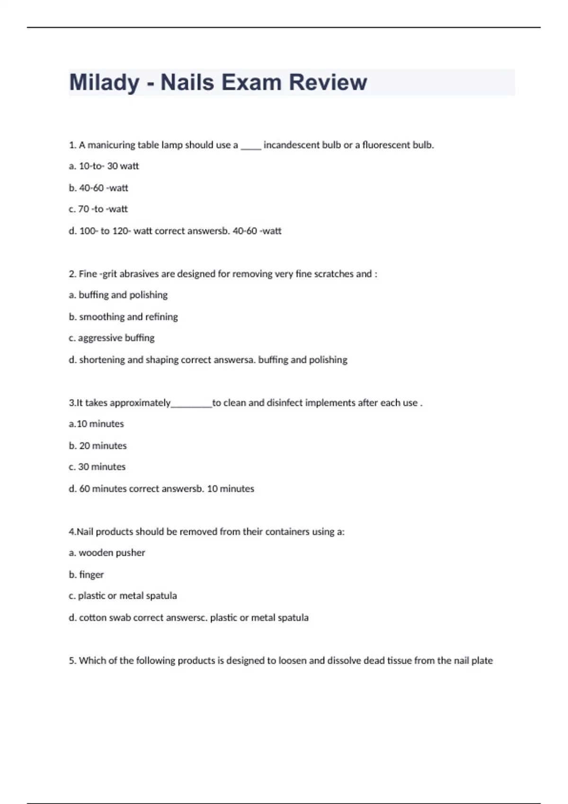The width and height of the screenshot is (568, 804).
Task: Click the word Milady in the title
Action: (x=104, y=82)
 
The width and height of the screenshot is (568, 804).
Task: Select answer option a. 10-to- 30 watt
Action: (x=104, y=166)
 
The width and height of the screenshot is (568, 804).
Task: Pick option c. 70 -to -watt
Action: (x=98, y=209)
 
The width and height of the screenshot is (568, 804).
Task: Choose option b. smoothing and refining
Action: (x=123, y=317)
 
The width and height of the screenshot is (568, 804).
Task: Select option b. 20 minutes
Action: (x=98, y=446)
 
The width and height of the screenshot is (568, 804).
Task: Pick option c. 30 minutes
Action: (x=97, y=467)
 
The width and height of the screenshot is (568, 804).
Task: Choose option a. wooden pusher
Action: (x=106, y=553)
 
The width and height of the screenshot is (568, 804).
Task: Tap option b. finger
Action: (x=86, y=575)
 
